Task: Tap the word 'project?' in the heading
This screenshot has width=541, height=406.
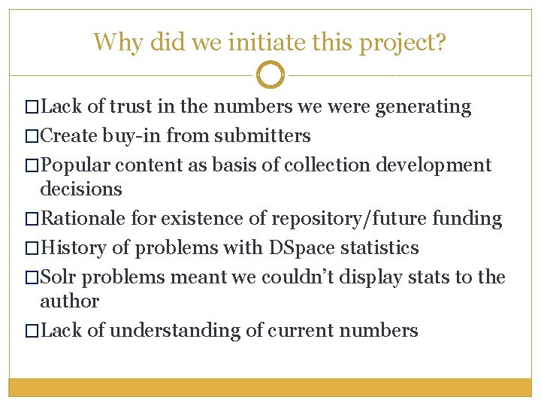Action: click(403, 43)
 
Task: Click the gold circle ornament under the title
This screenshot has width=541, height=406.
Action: click(270, 75)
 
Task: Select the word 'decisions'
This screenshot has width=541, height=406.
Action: click(81, 189)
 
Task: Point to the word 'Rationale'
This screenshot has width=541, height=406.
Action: click(84, 219)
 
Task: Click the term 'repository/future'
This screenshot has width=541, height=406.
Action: click(349, 219)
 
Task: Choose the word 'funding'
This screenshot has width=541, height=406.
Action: click(467, 219)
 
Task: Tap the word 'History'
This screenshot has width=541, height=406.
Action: click(73, 247)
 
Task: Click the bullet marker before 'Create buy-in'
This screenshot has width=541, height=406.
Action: click(31, 137)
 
